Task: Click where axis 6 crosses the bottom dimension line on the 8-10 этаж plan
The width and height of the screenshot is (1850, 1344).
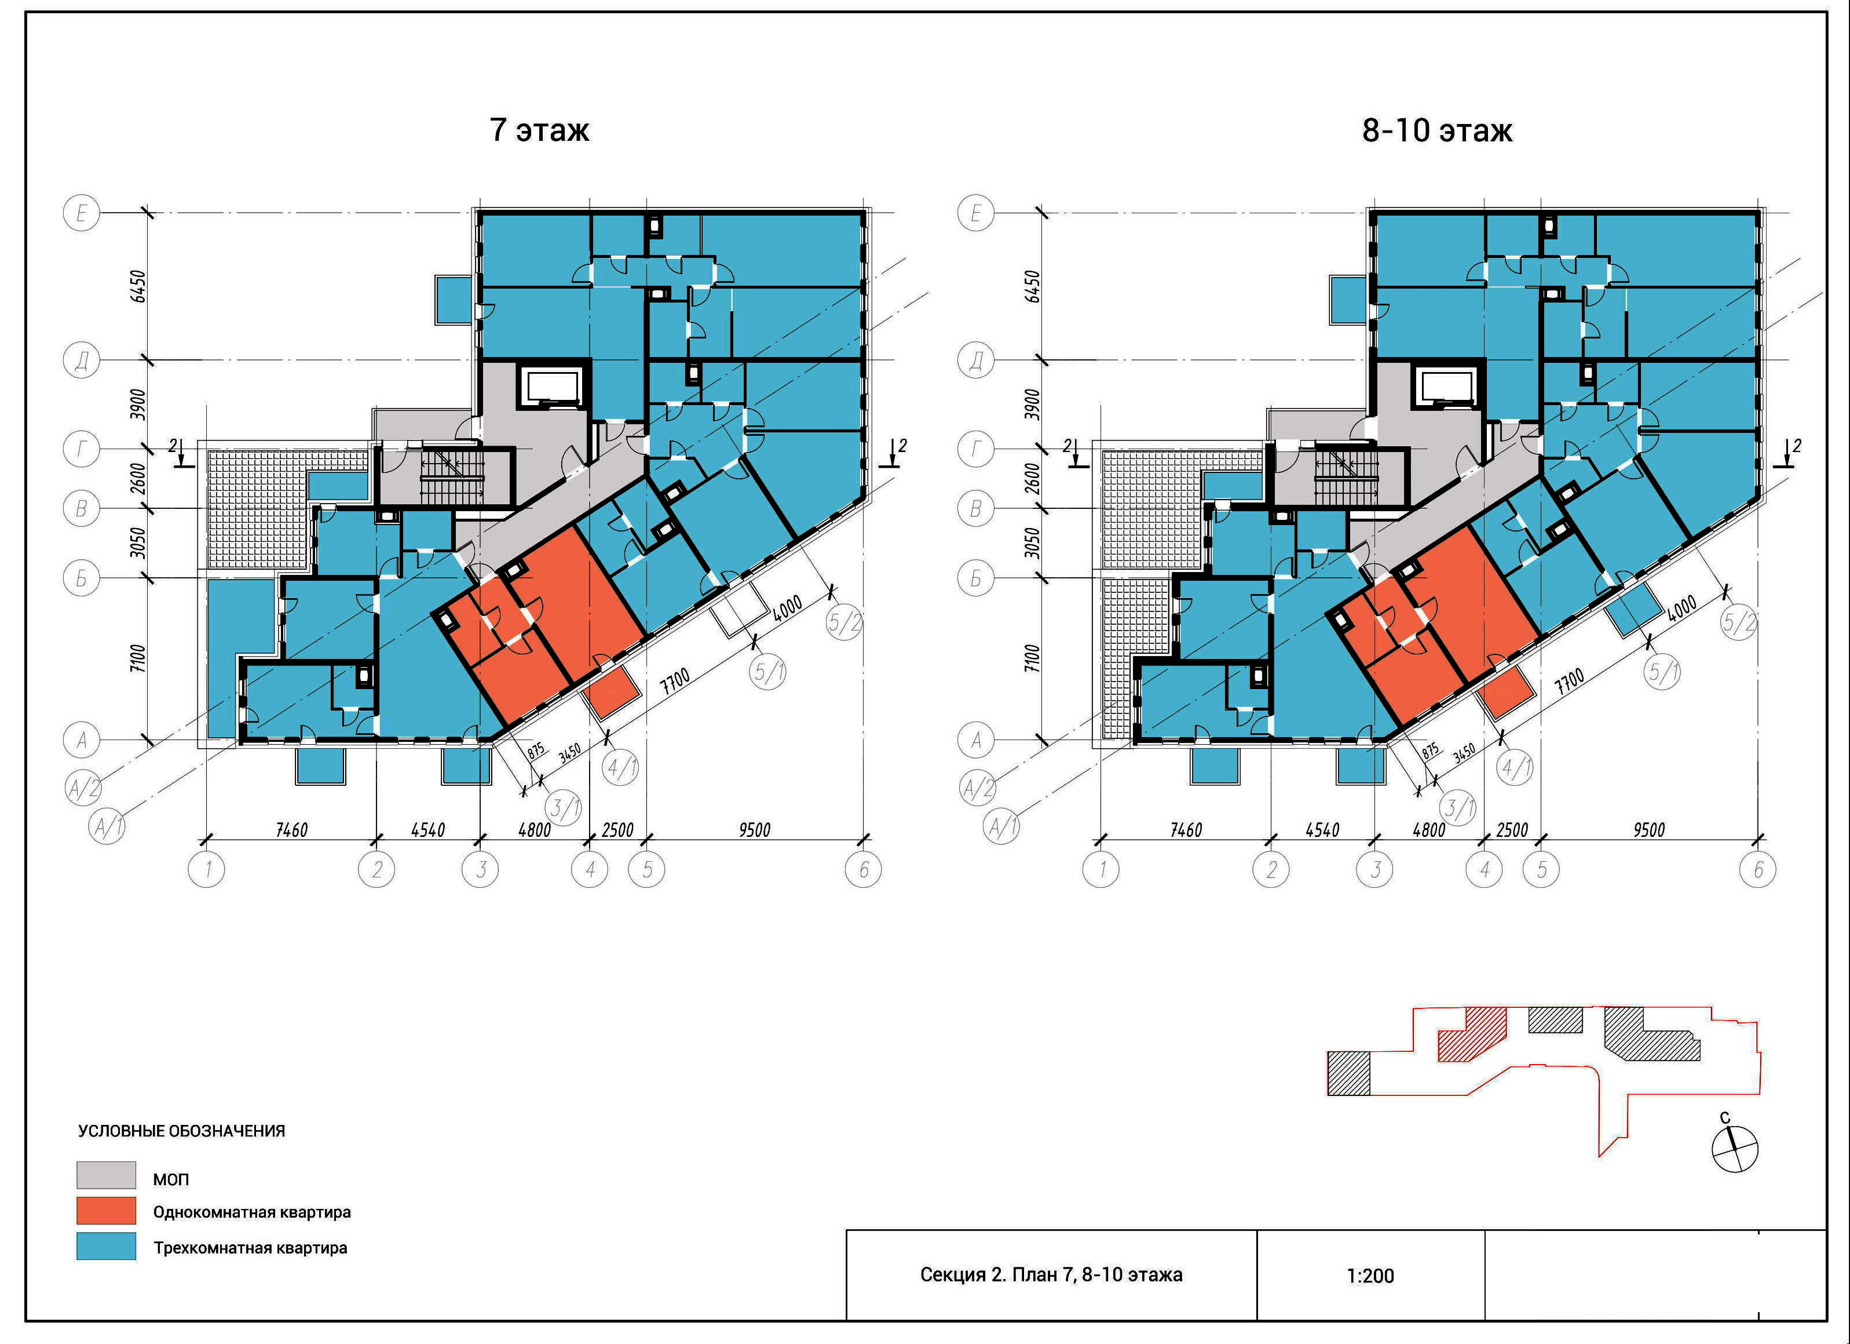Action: (x=1758, y=838)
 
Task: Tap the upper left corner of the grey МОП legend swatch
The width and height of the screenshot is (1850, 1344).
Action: (x=78, y=1162)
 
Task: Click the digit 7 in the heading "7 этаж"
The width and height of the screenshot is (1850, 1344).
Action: (x=498, y=130)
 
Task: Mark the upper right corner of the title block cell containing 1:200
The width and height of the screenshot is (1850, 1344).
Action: (x=1485, y=1230)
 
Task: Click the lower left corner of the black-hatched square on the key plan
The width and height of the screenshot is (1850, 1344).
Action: (x=1328, y=1094)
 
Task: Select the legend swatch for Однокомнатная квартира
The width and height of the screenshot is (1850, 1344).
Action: (x=107, y=1211)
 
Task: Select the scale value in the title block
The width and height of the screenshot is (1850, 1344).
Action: (x=1370, y=1276)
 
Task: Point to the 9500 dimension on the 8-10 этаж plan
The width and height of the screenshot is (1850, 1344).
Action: (x=1648, y=829)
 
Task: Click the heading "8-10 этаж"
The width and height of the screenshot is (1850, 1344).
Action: (x=1437, y=130)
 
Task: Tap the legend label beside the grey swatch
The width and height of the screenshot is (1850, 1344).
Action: (x=170, y=1179)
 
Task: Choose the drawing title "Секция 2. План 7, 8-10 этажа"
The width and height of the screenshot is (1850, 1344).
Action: (x=1051, y=1274)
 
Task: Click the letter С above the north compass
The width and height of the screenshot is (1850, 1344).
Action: (x=1724, y=1117)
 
